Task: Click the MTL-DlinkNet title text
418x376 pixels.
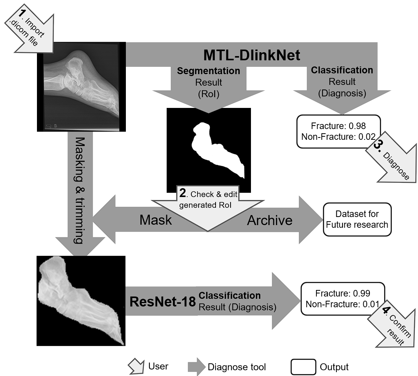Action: [x=251, y=55]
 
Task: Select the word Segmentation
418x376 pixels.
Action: [x=208, y=71]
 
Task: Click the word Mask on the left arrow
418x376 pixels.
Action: [x=155, y=220]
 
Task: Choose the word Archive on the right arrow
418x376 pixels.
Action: [x=269, y=220]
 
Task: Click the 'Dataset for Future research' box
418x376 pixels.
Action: [x=357, y=219]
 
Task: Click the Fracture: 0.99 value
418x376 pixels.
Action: [x=343, y=294]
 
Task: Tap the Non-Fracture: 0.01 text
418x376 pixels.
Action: [x=343, y=305]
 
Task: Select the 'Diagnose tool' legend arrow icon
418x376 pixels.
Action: [x=196, y=367]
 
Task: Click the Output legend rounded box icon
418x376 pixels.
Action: [x=303, y=367]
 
